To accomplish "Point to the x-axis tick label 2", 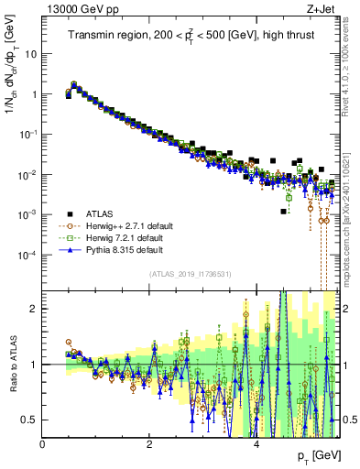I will pos(149,444).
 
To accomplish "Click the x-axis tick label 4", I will pos(256,444).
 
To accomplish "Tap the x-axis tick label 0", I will pos(43,444).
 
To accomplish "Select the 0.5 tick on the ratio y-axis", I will pos(29,420).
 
